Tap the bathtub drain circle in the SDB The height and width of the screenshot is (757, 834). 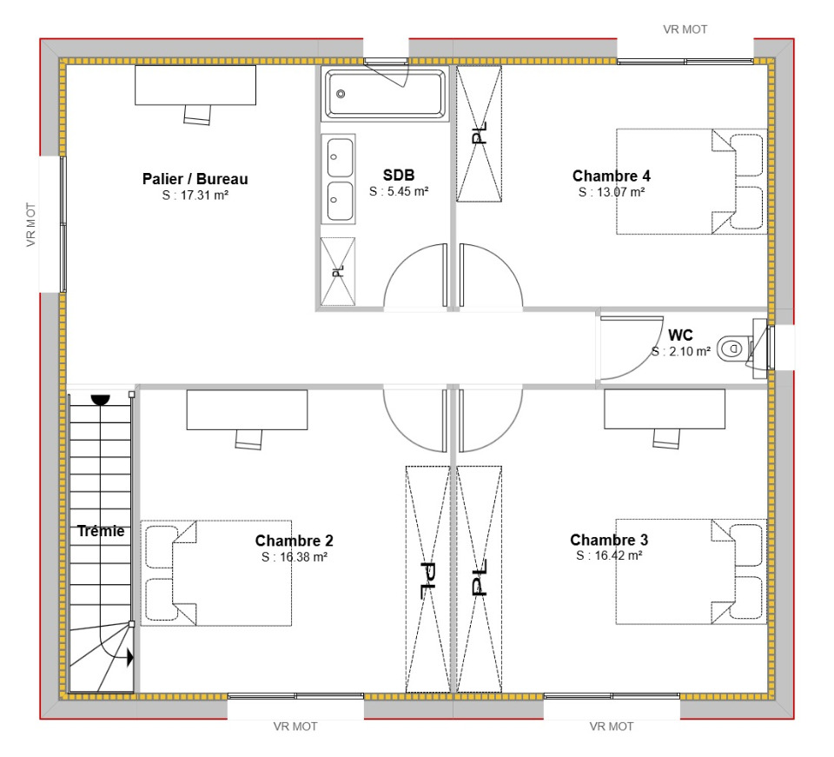point(341,94)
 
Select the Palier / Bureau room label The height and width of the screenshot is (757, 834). point(195,179)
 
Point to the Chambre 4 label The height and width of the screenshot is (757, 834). point(611,176)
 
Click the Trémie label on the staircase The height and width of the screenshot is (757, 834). point(101,531)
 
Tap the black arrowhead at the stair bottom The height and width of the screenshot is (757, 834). point(129,658)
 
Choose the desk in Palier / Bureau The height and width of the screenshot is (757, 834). point(195,85)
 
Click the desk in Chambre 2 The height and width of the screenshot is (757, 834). point(247,410)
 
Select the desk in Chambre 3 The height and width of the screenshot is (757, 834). point(665,409)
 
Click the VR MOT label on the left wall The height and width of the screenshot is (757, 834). point(31,224)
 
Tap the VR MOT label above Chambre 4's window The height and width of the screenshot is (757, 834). point(685,30)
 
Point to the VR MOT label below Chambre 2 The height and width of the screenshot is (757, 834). point(295,727)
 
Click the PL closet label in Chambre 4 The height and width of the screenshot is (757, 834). point(480,133)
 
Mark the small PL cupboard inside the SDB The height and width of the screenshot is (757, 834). point(338,271)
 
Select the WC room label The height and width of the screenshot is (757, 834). point(680,335)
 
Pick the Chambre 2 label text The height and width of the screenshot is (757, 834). point(295,541)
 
